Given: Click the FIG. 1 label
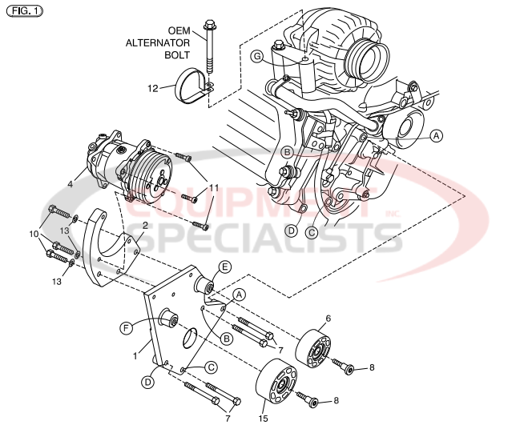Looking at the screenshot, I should (23, 10).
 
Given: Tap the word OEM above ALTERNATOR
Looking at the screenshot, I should (179, 30).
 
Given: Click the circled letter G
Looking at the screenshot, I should (256, 56).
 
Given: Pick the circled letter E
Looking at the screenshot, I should (225, 267).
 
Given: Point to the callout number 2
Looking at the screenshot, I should (144, 227).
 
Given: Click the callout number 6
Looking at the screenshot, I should (328, 319).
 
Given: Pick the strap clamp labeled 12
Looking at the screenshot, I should (194, 86).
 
